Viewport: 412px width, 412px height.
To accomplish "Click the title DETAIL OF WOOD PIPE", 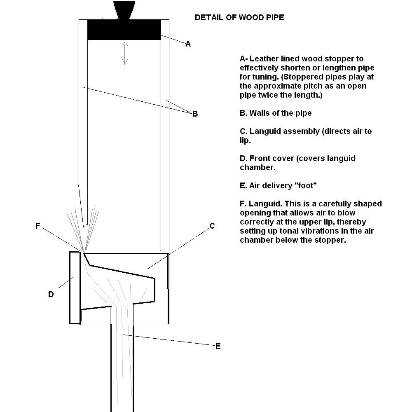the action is (x=239, y=18).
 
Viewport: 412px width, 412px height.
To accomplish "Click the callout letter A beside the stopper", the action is (x=188, y=44).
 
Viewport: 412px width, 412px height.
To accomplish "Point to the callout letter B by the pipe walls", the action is (x=195, y=114).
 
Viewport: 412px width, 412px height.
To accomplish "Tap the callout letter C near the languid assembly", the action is (x=212, y=226).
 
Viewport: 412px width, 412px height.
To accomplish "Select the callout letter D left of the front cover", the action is (x=51, y=294).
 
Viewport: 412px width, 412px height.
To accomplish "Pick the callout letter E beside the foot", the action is (x=218, y=346).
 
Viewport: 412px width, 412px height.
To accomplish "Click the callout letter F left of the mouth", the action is (x=38, y=226).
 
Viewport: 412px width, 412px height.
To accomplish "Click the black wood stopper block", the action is (x=124, y=30).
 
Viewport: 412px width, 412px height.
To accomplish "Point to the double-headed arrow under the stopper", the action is (x=125, y=53).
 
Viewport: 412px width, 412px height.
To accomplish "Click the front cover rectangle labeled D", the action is (x=75, y=288).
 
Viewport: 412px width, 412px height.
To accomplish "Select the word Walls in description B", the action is (x=260, y=113).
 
